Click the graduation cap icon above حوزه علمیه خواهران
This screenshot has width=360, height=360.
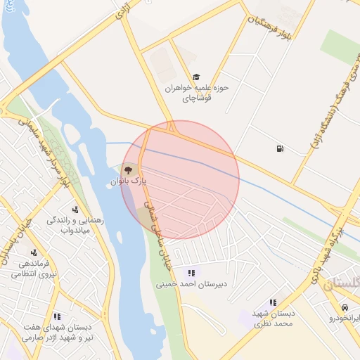(x=196, y=77)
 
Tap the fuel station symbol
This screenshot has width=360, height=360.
(x=281, y=148)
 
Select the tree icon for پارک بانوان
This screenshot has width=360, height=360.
(x=128, y=169)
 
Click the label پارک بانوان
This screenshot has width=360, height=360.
(x=129, y=181)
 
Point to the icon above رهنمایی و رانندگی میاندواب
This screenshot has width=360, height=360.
(x=75, y=209)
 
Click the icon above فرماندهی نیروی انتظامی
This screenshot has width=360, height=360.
(x=33, y=252)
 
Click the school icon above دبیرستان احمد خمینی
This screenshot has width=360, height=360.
(x=191, y=273)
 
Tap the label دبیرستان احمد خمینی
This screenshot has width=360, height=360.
(x=191, y=285)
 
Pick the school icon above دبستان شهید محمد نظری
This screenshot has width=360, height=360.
(x=273, y=302)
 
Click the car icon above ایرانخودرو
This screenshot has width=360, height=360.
(x=345, y=308)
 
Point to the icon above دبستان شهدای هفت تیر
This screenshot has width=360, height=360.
(x=57, y=316)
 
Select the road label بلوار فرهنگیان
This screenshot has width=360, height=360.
(x=266, y=24)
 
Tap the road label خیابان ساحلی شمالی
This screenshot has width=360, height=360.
(x=157, y=229)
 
